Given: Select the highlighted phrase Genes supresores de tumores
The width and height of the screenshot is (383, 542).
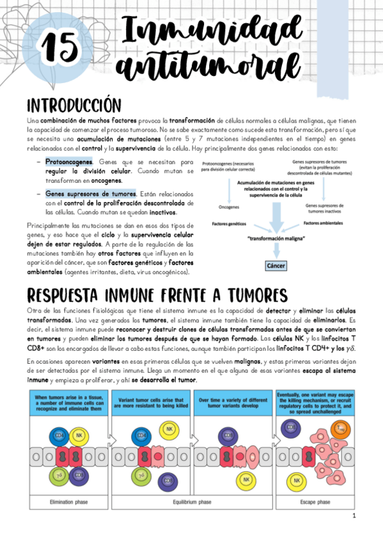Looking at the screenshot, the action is tap(90, 193).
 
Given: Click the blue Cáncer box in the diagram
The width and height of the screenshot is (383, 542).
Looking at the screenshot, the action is tap(276, 265).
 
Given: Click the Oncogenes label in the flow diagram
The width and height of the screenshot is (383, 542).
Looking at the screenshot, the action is tap(230, 208).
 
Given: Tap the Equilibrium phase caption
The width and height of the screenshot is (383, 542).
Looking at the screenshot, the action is tap(192, 502).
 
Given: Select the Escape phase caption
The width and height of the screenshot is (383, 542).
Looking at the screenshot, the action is tap(315, 502).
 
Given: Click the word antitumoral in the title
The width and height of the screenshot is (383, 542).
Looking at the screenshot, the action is tap(210, 65).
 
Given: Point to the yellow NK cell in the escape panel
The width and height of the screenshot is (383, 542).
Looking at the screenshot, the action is tap(297, 479).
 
